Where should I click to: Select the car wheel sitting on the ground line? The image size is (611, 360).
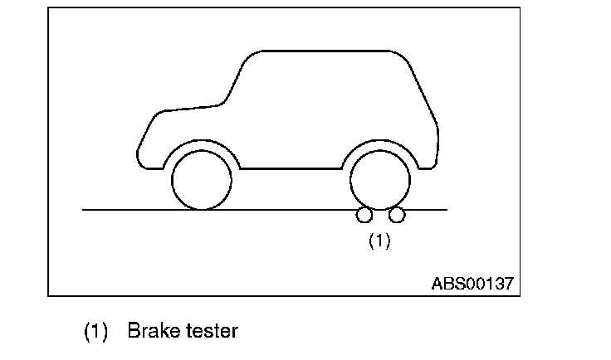[202, 180]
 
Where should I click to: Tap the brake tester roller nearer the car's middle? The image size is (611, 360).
[364, 216]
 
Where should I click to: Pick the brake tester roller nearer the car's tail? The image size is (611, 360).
[398, 216]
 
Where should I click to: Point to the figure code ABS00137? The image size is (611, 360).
[472, 283]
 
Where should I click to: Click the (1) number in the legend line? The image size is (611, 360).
[96, 332]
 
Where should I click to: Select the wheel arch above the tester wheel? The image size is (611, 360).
[381, 144]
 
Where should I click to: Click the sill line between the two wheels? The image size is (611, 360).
[291, 169]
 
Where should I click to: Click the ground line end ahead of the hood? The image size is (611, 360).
[86, 210]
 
